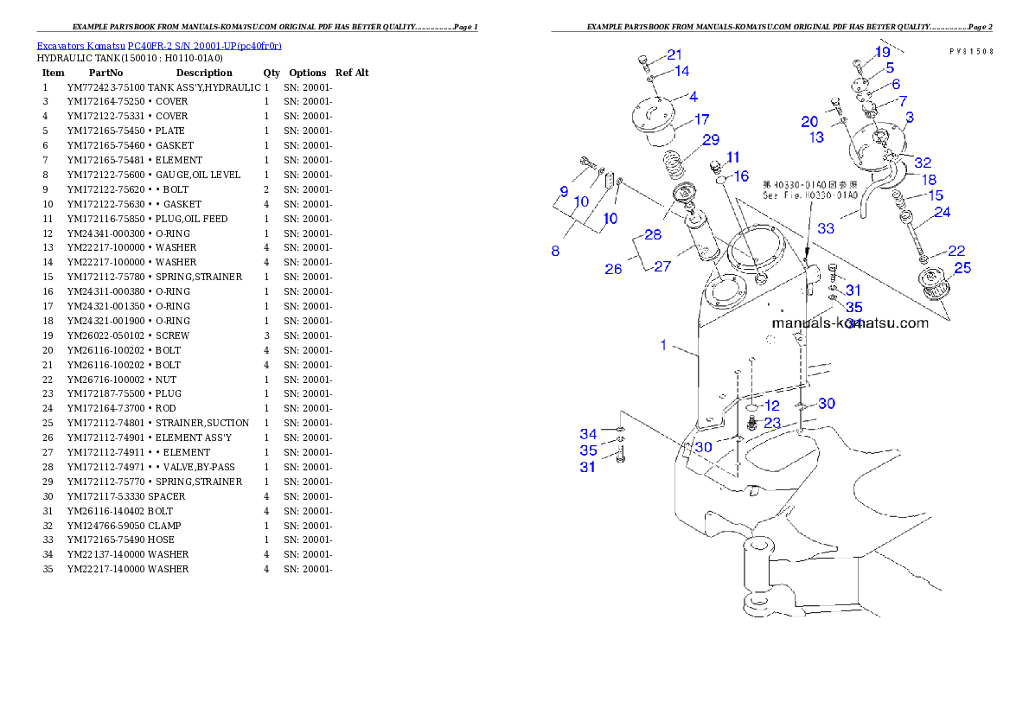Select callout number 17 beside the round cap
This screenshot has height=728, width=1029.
[x=701, y=119]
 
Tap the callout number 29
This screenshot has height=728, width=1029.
[x=711, y=139]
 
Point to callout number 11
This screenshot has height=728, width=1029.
[x=733, y=156]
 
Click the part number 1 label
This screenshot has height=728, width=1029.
[x=663, y=345]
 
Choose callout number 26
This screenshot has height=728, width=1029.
[x=613, y=270]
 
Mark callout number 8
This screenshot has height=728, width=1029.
[x=555, y=251]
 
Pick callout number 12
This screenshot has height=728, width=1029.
[x=771, y=405]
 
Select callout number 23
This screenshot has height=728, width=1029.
[x=772, y=423]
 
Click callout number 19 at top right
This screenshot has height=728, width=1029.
[x=882, y=52]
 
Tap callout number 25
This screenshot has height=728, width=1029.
[x=962, y=268]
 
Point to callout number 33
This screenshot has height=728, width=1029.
[x=826, y=228]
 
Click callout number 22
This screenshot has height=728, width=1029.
[x=955, y=251]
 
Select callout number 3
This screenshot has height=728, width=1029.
[x=910, y=116]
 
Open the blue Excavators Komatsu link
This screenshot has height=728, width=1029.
[x=158, y=45]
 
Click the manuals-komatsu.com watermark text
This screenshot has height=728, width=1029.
[x=849, y=323]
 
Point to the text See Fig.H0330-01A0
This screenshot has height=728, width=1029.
[x=809, y=195]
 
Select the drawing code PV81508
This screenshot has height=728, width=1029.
[x=970, y=51]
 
